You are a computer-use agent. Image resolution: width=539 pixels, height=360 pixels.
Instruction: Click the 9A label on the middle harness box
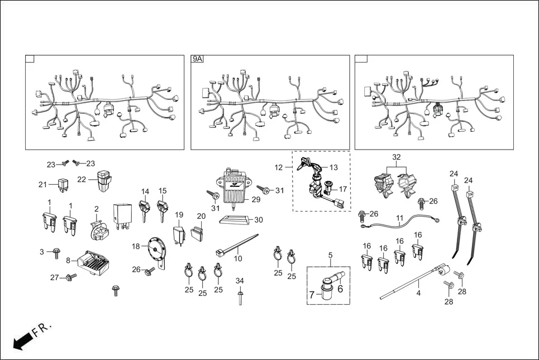[198, 59]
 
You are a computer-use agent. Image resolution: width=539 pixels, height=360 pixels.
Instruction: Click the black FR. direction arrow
[23, 339]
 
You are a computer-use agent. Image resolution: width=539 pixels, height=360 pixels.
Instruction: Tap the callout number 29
[256, 199]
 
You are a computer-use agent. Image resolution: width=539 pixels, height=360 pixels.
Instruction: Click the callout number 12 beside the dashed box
[279, 167]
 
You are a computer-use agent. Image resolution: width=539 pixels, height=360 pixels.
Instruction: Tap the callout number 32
[397, 158]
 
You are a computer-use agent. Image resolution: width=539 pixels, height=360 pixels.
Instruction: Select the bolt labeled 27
[70, 276]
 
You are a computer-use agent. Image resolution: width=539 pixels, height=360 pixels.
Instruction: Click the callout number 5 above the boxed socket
[330, 256]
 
